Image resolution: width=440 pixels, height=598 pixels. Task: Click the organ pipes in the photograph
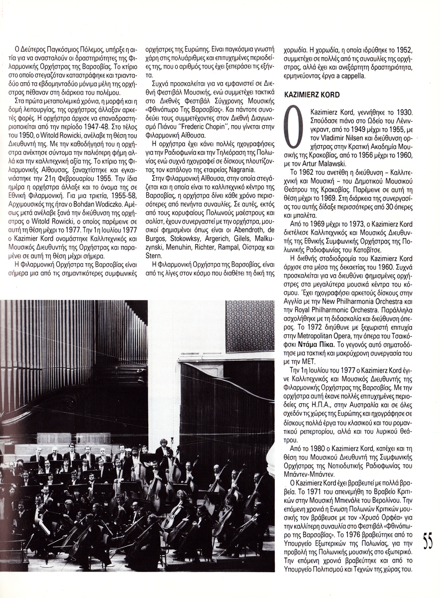pyautogui.click(x=65, y=344)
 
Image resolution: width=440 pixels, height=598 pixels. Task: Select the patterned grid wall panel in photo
pyautogui.click(x=249, y=326)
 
